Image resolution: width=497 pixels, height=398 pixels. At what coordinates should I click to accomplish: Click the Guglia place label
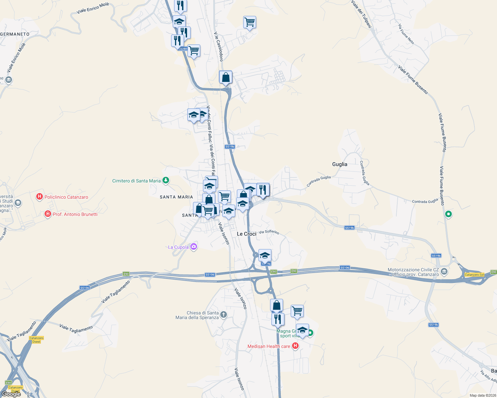(x=340, y=164)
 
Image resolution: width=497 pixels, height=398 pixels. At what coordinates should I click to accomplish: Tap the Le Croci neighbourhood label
(x=247, y=234)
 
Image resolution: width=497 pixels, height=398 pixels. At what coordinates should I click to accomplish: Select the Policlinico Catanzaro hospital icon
(x=40, y=197)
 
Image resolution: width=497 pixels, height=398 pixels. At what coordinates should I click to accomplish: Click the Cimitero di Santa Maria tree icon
(x=166, y=180)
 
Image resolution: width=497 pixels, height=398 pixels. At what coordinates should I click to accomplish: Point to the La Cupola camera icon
(x=194, y=247)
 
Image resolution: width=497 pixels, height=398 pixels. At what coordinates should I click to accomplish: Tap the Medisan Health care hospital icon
(x=295, y=346)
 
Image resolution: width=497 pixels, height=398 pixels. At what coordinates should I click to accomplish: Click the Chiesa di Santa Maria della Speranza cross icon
(x=224, y=315)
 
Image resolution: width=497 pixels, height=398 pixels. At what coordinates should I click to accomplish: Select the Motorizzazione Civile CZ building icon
(x=445, y=272)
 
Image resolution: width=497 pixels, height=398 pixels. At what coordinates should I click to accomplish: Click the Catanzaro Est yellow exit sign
(x=474, y=275)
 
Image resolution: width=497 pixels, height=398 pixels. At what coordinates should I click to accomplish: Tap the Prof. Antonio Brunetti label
(x=75, y=214)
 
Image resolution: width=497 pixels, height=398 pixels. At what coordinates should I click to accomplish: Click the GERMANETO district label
(x=15, y=34)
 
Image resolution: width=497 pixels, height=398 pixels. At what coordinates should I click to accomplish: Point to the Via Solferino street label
(x=269, y=232)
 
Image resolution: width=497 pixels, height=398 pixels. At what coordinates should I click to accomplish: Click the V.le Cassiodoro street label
(x=218, y=46)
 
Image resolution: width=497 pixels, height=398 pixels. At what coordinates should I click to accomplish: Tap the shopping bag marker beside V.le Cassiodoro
(x=226, y=77)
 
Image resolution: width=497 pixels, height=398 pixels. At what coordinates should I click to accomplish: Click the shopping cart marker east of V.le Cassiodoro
(x=249, y=22)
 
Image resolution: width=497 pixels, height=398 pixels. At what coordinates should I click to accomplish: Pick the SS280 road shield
(x=182, y=49)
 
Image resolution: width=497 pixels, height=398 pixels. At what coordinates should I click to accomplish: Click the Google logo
(x=11, y=394)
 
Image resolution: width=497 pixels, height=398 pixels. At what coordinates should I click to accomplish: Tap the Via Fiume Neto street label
(x=406, y=34)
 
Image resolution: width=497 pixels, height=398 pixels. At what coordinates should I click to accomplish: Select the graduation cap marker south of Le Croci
(x=265, y=255)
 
